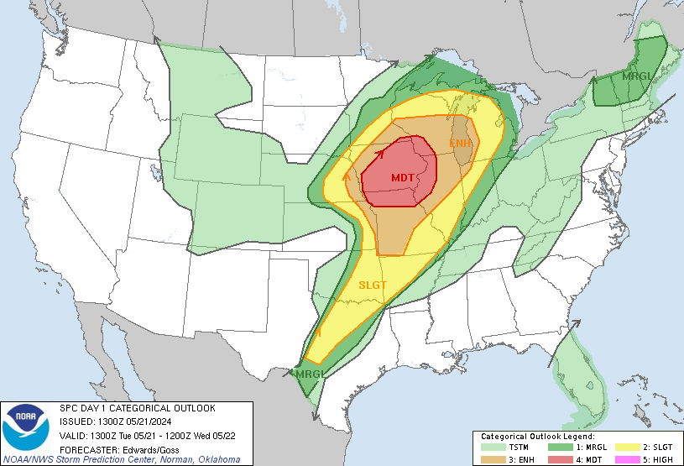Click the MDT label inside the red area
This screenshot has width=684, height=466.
403,178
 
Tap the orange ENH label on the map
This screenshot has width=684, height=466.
461,144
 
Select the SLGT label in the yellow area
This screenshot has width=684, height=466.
373,285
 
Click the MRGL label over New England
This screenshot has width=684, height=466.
636,76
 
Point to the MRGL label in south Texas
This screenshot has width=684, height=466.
309,373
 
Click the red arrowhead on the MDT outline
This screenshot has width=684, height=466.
379,153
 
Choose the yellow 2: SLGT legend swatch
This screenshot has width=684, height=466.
625,448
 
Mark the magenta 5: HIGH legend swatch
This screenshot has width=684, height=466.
625,459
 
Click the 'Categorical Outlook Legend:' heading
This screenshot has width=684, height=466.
537,437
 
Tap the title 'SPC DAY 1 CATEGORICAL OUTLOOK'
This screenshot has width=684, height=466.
137,408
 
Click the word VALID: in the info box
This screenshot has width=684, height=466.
74,435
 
